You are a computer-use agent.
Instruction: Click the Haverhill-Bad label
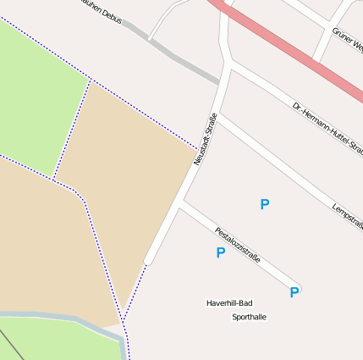[x=229, y=302]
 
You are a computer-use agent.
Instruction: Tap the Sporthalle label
[x=249, y=317]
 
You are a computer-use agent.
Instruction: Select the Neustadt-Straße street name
[x=206, y=138]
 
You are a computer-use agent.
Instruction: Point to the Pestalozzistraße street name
[x=237, y=244]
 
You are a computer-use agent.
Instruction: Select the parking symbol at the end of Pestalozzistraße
[x=294, y=292]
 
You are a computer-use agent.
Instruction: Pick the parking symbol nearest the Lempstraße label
[x=265, y=204]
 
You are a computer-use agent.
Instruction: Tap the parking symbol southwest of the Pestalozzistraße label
[x=220, y=252]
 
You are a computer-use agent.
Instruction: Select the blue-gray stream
[x=59, y=319]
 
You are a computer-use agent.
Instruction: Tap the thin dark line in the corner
[x=10, y=346]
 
